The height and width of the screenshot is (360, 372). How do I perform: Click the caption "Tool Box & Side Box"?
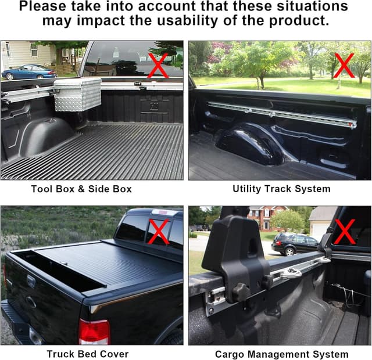81,189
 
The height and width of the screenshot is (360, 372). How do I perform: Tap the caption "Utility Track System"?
281,189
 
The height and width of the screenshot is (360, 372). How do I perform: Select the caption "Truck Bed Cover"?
88,354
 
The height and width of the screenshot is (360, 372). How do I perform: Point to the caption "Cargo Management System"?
282,354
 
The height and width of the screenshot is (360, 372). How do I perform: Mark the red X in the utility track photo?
344,66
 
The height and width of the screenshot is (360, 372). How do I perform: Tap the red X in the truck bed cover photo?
158,231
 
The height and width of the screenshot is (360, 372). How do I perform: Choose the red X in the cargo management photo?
344,231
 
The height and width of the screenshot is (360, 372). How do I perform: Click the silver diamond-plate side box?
77,93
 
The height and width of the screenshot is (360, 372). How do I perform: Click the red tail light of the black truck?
94,332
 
